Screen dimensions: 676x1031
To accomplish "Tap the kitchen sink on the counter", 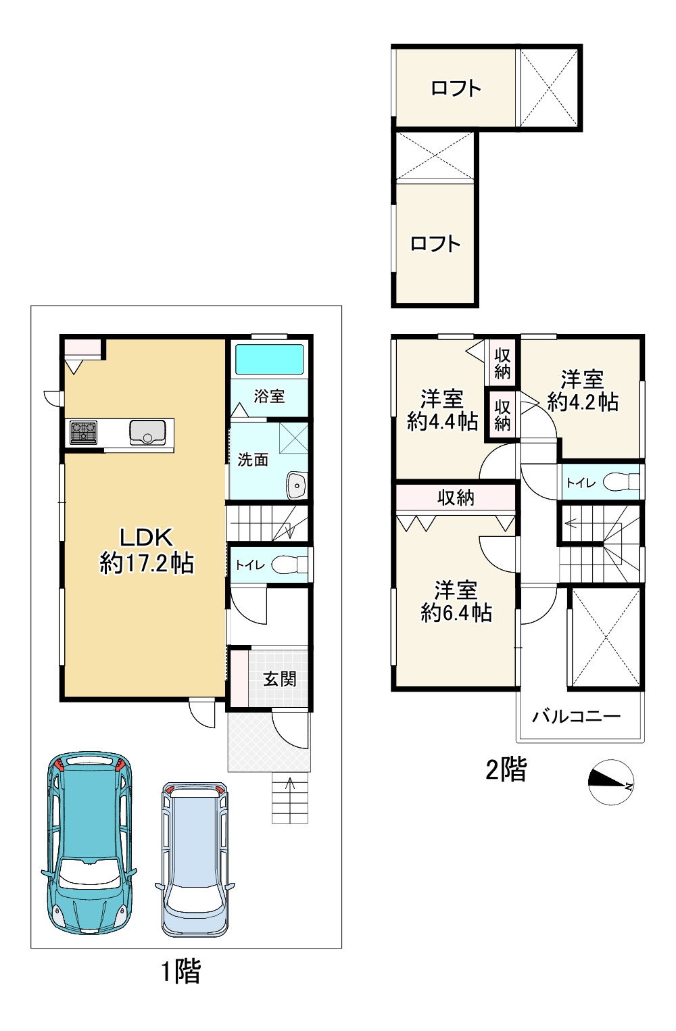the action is (147, 432).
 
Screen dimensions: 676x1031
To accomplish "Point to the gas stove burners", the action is (83, 433).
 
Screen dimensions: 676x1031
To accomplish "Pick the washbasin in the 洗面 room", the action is (296, 485).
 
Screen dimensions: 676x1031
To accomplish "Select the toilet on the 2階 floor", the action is (621, 482).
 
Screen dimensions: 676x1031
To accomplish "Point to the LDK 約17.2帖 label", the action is (147, 550).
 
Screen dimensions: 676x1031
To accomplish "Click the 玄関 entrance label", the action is (279, 679).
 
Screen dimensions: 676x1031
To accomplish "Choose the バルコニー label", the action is (577, 717).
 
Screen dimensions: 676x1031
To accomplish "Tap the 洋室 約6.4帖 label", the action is (456, 602).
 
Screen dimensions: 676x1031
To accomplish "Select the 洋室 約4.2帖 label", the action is (583, 391).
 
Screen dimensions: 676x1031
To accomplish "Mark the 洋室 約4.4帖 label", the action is (442, 410).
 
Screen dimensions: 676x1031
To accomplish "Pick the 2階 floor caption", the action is (506, 769).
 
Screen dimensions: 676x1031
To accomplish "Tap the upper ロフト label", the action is (456, 88).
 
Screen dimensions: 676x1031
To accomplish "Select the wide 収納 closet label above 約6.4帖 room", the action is (456, 497).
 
